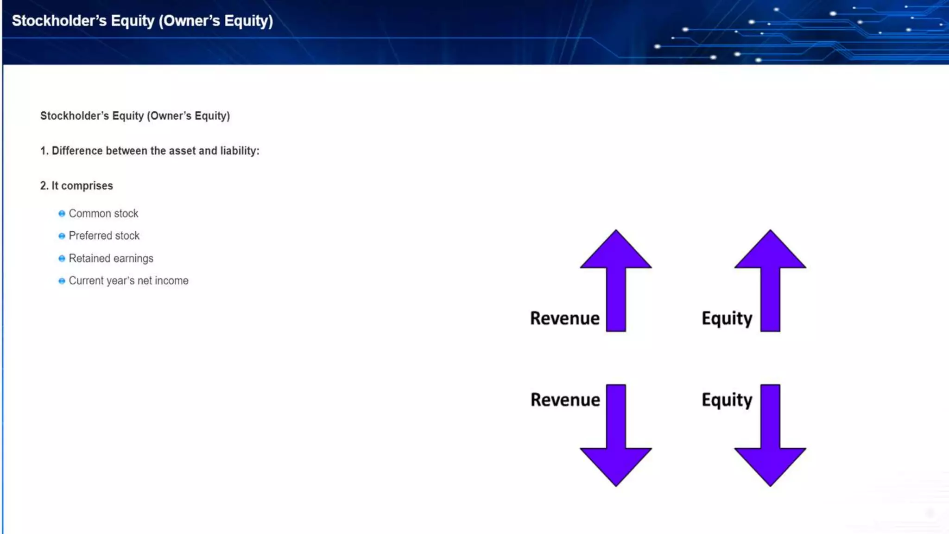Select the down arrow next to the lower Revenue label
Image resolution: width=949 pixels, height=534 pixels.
(x=616, y=436)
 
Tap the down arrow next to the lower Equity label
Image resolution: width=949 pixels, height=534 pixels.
(x=770, y=436)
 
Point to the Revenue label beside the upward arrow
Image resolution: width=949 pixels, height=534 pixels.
(x=565, y=318)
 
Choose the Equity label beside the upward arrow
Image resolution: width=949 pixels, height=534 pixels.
(x=727, y=319)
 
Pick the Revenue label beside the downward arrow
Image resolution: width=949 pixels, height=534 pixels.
(x=565, y=400)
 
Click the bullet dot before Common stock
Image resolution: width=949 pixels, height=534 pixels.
(x=62, y=214)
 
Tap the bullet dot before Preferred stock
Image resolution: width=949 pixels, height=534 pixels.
(x=62, y=236)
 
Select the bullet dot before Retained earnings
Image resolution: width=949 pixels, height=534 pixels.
(x=62, y=259)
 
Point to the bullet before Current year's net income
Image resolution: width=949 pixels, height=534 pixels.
(x=62, y=281)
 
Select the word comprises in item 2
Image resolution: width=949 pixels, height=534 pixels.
(x=87, y=186)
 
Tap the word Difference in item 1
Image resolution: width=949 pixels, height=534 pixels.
(x=77, y=151)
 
